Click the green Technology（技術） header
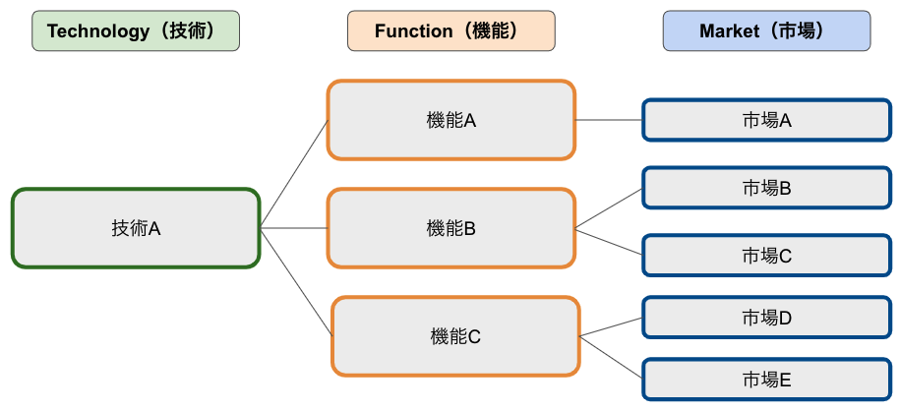[136, 31]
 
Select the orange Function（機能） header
[451, 31]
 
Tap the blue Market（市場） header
[767, 31]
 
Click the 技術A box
[136, 228]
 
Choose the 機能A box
[451, 120]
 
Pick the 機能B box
[451, 228]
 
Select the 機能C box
[455, 336]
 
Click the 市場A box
[767, 120]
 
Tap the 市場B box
[767, 188]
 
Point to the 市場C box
[767, 256]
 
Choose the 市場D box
[767, 318]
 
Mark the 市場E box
[767, 380]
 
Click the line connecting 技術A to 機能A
[294, 174]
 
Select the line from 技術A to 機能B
[294, 228]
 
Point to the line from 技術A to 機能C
[296, 282]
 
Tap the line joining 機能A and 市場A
[609, 120]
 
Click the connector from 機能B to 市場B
[609, 209]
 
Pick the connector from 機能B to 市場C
[609, 242]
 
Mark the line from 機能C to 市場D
[611, 326]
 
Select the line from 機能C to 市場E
[611, 358]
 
